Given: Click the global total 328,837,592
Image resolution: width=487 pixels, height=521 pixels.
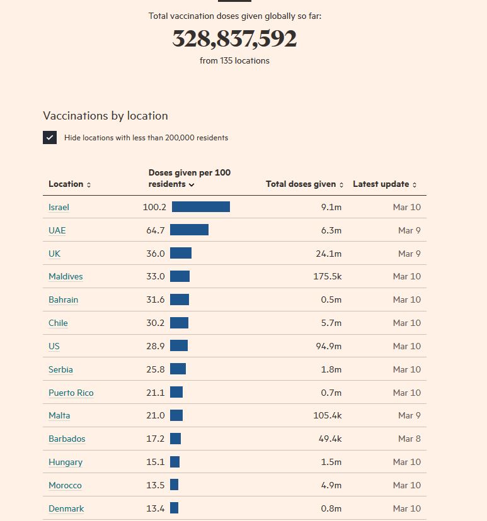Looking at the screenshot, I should point(234,39).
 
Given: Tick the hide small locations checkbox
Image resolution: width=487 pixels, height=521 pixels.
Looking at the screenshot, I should point(50,137).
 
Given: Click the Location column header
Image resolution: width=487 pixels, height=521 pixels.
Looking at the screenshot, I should point(69,184).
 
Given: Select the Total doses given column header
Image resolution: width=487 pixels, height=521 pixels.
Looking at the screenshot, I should point(304,184).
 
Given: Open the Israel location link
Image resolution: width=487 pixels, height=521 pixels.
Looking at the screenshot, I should point(59,207).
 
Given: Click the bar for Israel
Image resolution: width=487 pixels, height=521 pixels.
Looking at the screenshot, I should point(200,207).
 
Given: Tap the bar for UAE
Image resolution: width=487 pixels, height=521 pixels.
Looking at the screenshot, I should point(189,230).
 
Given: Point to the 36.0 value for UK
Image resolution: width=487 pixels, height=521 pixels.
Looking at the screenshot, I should point(156,254).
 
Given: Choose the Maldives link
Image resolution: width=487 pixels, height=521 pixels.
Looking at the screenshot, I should point(66,276).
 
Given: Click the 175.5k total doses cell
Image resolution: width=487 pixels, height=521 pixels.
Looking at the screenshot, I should point(327,276).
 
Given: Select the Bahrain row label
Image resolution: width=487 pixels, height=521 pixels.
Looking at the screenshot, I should point(63,300).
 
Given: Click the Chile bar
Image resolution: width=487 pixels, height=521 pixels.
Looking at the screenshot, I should point(179,323).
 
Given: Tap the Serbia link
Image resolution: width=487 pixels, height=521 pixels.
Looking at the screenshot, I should point(60,369).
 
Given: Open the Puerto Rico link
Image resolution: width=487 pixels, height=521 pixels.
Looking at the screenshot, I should point(71,393).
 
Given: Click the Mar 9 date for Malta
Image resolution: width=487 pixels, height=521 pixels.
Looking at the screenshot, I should point(409,415).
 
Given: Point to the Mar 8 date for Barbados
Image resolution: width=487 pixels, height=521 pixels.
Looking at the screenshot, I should point(409,439).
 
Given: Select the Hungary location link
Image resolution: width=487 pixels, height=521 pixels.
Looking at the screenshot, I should point(66,462).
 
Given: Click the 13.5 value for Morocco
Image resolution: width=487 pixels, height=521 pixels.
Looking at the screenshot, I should point(156,485).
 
